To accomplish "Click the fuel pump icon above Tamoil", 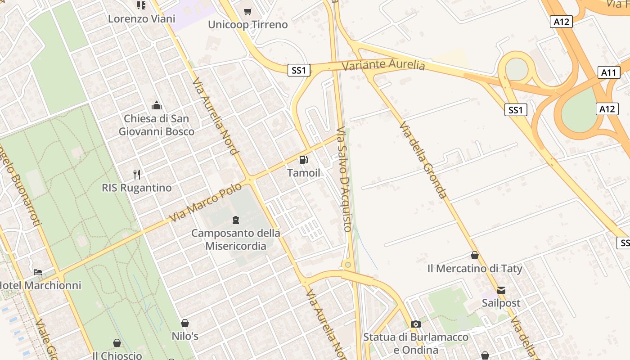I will click(304, 160).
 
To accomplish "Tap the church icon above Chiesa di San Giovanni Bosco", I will click(157, 106).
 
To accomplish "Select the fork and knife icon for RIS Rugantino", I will click(137, 174).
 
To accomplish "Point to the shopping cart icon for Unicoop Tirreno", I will click(247, 11).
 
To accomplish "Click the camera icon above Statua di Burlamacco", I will click(416, 324).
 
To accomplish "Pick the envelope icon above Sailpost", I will click(501, 290).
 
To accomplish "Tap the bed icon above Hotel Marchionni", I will click(38, 272).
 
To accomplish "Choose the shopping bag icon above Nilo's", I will click(185, 323).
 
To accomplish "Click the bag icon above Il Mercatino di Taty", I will click(474, 256).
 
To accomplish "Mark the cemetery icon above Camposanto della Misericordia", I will click(235, 220).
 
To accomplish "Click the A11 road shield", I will click(610, 72).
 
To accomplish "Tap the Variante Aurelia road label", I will click(383, 65).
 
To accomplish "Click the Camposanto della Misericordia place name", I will click(235, 239).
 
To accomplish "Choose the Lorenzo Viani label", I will click(141, 19).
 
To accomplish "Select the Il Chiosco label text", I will click(117, 355).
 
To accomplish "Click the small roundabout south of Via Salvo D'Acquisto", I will click(347, 264).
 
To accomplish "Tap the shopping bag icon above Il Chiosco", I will click(117, 343).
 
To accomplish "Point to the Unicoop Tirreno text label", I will click(247, 24).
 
